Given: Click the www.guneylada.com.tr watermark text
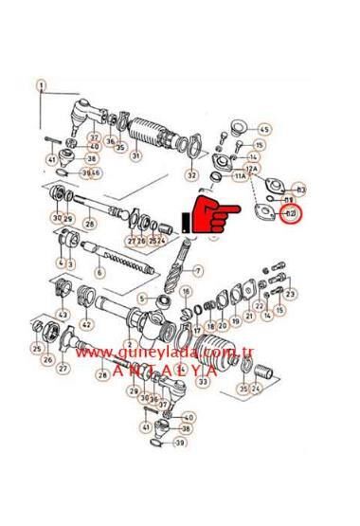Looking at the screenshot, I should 169,352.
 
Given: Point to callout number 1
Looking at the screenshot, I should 41,84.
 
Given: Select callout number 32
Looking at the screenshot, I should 191,175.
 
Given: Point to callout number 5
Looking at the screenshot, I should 142,299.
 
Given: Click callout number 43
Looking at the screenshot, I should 63,314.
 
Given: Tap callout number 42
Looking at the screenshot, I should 86,325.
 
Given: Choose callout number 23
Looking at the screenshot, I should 290,295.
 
